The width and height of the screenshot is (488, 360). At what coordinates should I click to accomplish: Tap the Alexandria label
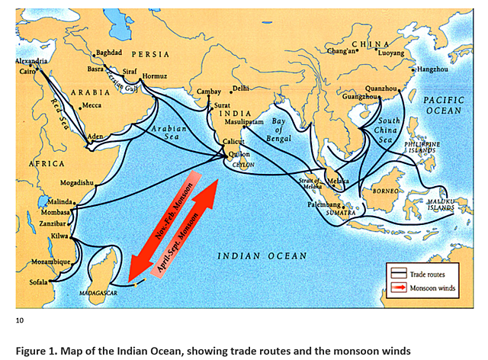(31, 61)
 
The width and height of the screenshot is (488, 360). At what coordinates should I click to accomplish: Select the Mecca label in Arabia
(91, 105)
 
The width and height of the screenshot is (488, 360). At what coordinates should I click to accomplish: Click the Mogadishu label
(76, 183)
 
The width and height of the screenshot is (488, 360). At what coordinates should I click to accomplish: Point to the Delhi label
(242, 88)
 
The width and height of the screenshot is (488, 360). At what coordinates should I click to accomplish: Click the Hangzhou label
(434, 69)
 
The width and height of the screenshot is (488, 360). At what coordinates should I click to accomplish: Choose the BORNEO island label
(384, 191)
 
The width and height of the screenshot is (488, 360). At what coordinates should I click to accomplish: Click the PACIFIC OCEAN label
(443, 105)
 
